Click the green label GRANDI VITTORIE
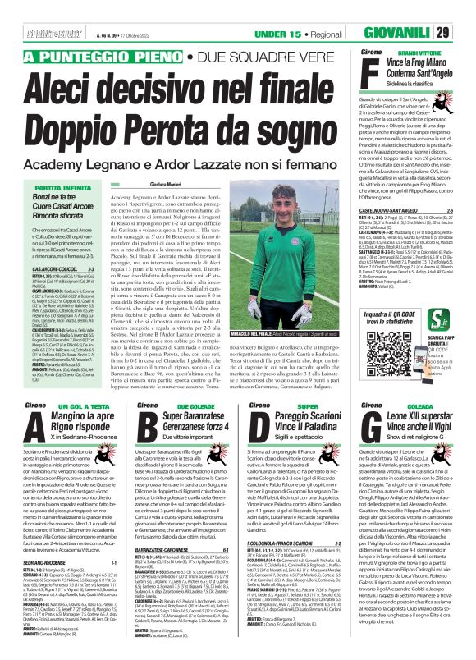(x=419, y=52)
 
